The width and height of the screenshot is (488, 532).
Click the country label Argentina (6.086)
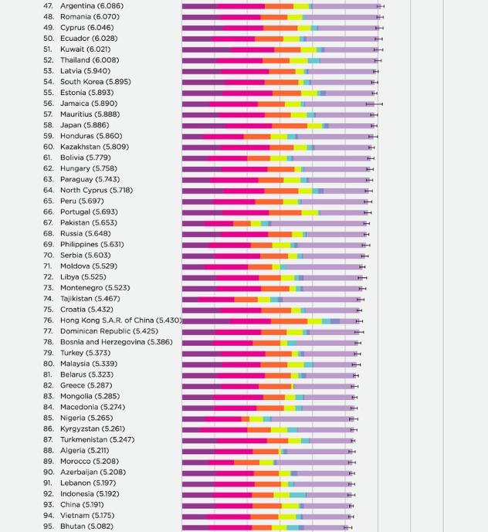tap(92, 6)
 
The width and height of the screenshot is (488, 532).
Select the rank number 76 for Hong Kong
tap(49, 320)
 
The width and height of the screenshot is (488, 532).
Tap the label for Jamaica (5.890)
tap(89, 103)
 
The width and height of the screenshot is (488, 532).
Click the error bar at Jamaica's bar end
tap(374, 104)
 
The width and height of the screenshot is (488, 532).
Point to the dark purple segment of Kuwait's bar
tap(207, 50)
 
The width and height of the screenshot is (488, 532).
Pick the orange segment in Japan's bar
tap(290, 126)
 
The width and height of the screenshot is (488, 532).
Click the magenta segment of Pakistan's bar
tap(219, 224)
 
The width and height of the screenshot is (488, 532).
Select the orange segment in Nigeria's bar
tap(246, 419)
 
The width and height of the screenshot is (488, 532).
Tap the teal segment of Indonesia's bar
tap(298, 495)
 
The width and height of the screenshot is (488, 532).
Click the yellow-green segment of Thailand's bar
tap(299, 61)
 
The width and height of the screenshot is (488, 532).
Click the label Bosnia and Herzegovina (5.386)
tap(117, 342)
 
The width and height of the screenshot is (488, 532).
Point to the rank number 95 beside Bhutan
tap(49, 527)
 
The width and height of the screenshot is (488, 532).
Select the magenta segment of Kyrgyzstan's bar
tap(224, 430)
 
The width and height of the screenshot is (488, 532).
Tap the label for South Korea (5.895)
tap(96, 82)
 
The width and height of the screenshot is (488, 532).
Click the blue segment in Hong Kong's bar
tap(335, 321)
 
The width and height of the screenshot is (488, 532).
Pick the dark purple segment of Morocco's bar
tap(195, 463)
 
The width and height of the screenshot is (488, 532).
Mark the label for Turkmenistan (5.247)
tap(97, 439)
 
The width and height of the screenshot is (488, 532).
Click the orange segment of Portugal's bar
tap(285, 213)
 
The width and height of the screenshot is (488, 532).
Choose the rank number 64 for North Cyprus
tap(49, 191)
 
